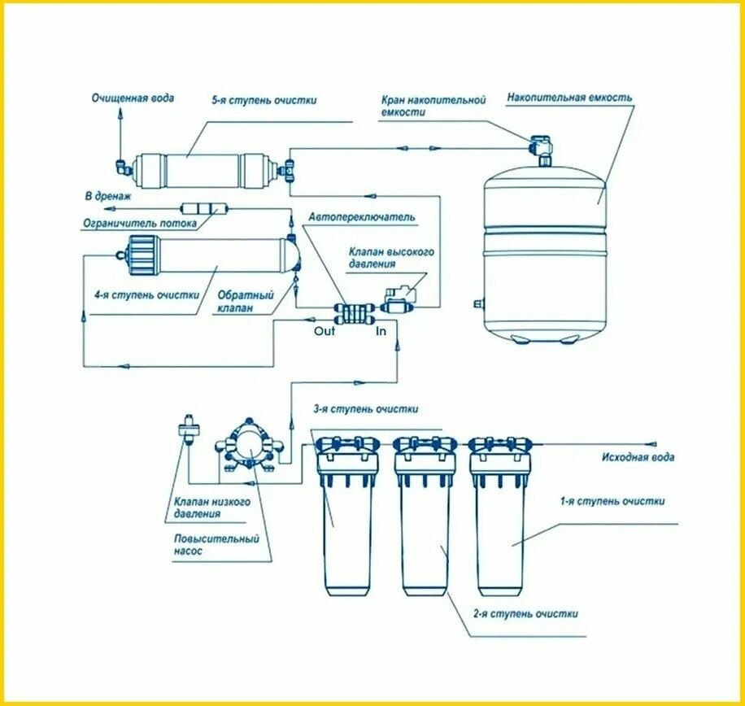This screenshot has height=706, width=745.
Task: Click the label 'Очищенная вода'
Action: tap(133, 98)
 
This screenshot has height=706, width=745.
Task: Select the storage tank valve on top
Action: tap(541, 146)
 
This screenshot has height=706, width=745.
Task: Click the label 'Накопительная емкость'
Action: tap(569, 98)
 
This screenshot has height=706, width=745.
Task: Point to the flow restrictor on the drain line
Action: tap(205, 208)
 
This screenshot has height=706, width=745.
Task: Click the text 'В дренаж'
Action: tap(108, 196)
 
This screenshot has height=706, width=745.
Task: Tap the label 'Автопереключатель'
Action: tap(362, 217)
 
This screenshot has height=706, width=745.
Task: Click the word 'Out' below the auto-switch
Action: tap(325, 331)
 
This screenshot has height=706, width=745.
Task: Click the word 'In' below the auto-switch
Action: tap(381, 331)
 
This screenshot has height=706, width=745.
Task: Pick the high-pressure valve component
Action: tap(399, 299)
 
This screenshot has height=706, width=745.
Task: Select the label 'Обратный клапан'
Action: tap(246, 301)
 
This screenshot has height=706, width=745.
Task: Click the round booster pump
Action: tap(249, 445)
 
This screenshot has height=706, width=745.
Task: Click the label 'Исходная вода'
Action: tap(638, 457)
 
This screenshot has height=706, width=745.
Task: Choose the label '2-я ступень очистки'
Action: tap(525, 613)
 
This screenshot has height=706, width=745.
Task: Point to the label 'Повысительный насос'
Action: tap(216, 545)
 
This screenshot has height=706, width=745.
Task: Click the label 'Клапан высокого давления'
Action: tap(391, 258)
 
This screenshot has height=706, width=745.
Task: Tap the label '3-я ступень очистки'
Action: tap(365, 409)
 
